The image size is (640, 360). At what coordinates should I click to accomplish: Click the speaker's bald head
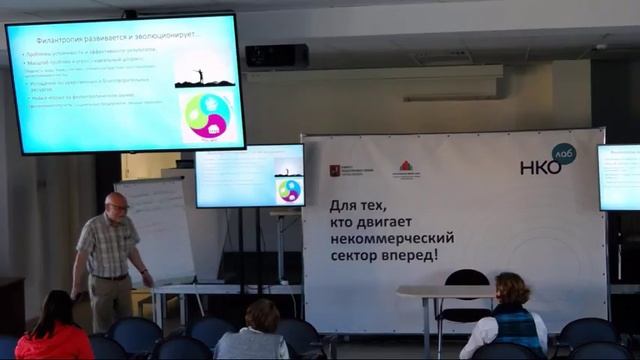click(118, 202)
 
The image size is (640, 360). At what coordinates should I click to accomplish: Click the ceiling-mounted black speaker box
click(276, 56)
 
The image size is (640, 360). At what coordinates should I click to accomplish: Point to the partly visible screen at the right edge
click(619, 177)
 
